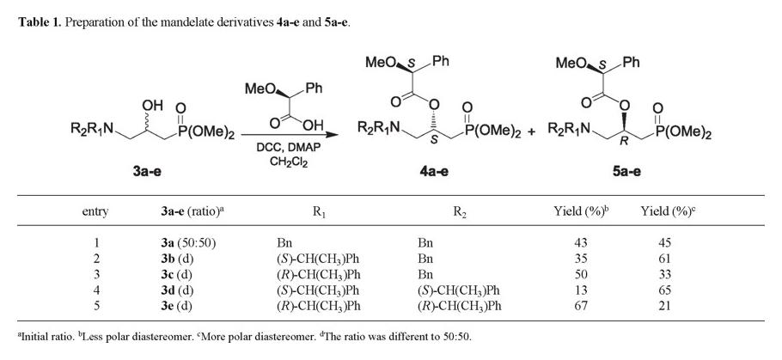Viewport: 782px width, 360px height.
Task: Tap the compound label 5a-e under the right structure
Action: [x=631, y=172]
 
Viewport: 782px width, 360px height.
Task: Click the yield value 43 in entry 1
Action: [x=580, y=244]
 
